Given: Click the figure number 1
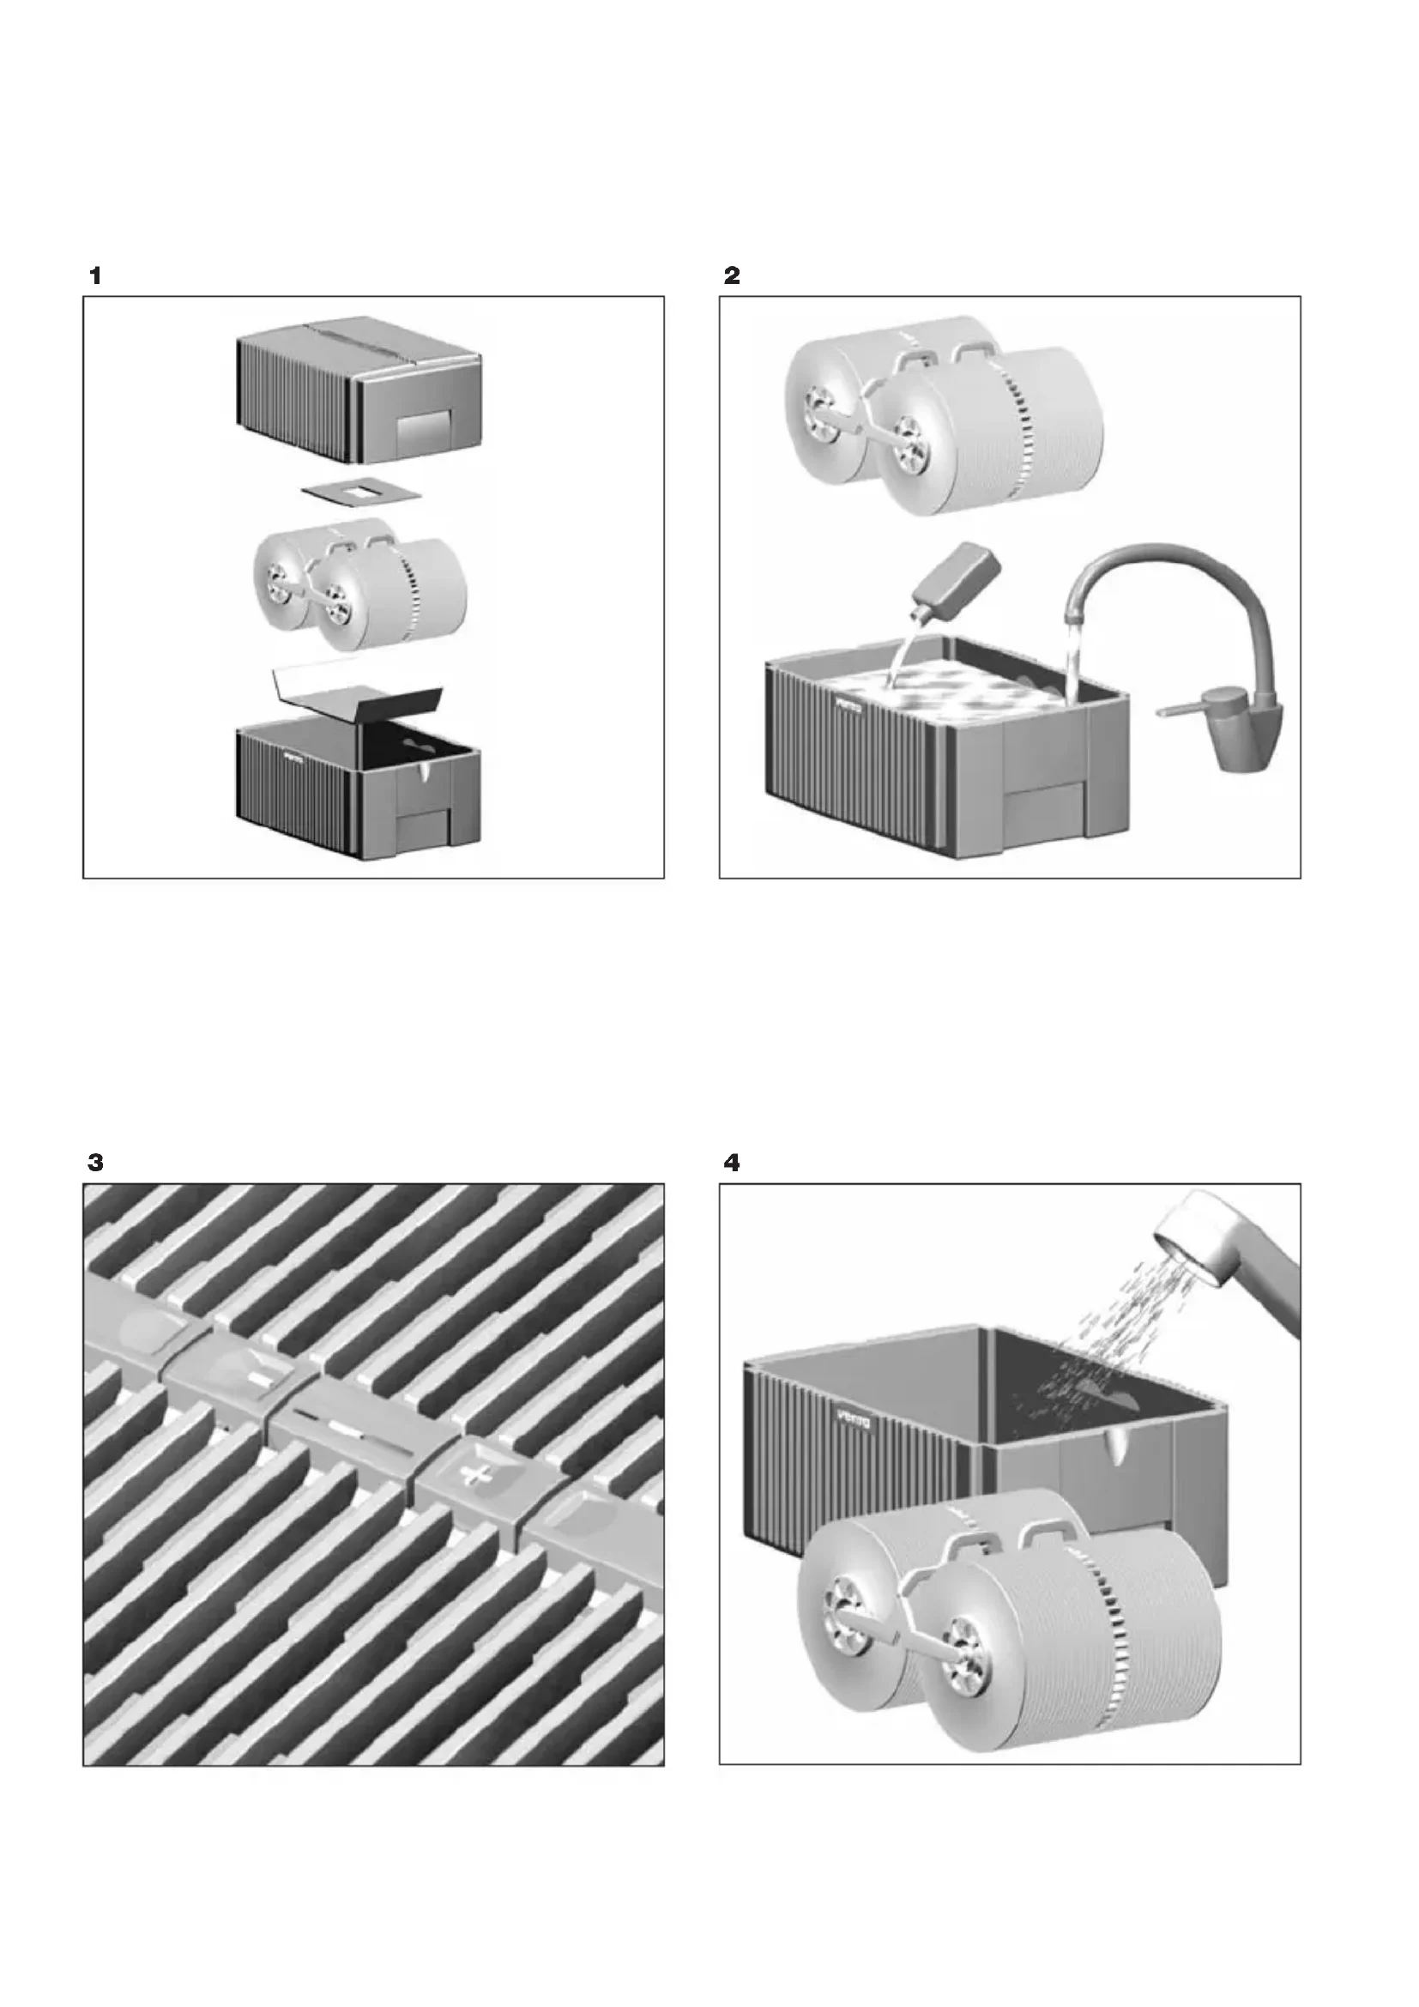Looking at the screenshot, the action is coord(95,276).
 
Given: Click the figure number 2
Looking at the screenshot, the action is coord(731,276).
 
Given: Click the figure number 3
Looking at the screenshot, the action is coord(95,1164).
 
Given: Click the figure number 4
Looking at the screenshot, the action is coord(732,1164).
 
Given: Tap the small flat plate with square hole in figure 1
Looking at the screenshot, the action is coord(360,495).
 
